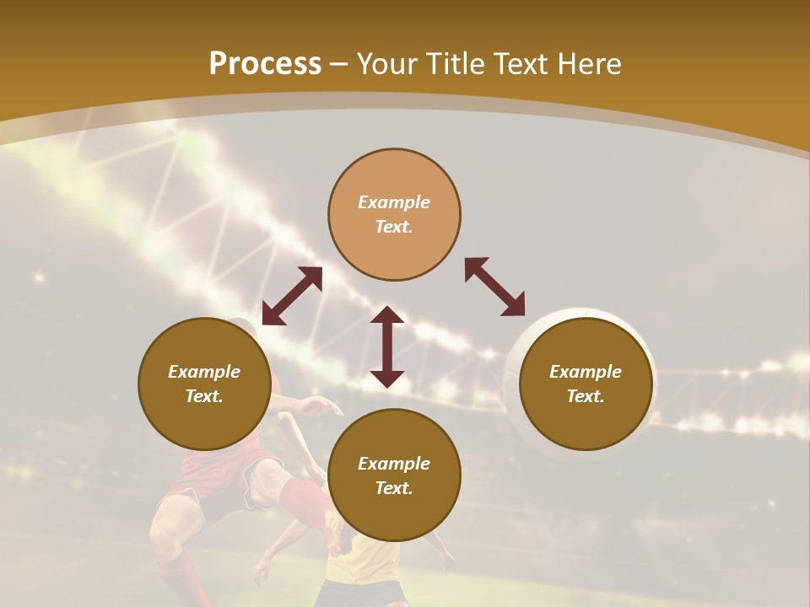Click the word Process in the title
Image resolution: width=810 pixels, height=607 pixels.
pyautogui.click(x=265, y=64)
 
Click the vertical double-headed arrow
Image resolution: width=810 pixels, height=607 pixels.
pyautogui.click(x=387, y=346)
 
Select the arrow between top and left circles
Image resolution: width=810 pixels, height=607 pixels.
pyautogui.click(x=292, y=296)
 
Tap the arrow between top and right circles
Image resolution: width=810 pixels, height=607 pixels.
pyautogui.click(x=494, y=287)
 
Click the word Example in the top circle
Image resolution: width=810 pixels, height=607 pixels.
pyautogui.click(x=394, y=202)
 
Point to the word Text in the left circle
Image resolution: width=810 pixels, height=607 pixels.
pyautogui.click(x=204, y=396)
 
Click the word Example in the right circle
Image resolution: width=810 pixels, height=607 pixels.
pyautogui.click(x=586, y=372)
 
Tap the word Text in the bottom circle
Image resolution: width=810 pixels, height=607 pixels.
pyautogui.click(x=394, y=488)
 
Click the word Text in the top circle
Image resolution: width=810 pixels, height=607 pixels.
pyautogui.click(x=394, y=227)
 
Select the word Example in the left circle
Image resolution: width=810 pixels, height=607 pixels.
pyautogui.click(x=204, y=372)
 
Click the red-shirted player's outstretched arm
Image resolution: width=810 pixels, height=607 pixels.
pyautogui.click(x=312, y=406)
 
